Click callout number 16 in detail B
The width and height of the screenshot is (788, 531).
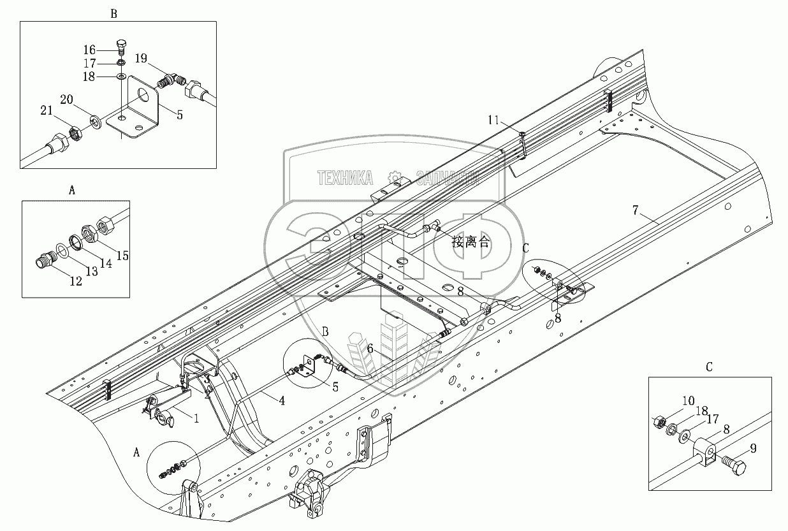tap(89, 50)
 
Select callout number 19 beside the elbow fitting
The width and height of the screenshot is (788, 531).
tap(141, 59)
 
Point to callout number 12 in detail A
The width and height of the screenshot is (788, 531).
tap(76, 281)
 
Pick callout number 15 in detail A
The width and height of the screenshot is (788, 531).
tap(122, 256)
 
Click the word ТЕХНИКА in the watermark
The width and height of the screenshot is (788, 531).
tap(346, 178)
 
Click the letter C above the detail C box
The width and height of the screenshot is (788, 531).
tap(709, 367)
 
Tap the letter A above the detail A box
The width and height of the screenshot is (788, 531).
tap(71, 190)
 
